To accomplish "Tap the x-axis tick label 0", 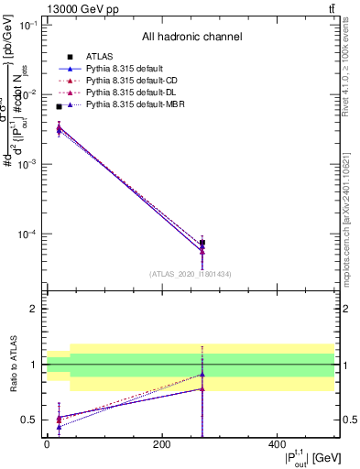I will [x=47, y=444].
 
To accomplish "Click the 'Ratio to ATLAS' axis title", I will [x=13, y=365].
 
